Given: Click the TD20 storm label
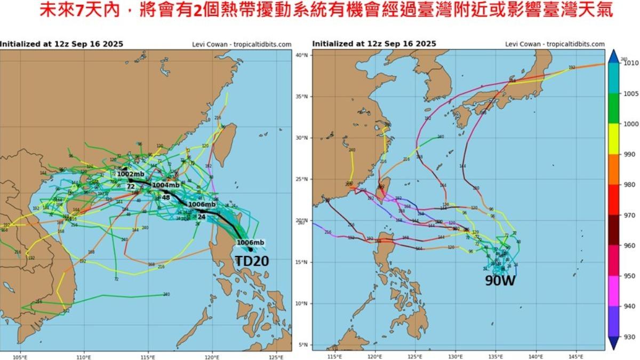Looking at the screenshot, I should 252,261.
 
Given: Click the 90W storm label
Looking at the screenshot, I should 499,281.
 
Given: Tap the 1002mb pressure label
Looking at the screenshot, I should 130,174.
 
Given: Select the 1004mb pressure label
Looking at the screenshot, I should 165,185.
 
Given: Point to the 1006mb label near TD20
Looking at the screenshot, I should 250,243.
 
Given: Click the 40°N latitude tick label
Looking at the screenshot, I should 302,55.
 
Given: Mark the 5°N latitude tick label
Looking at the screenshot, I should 302,345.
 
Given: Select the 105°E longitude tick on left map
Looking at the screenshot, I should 20,357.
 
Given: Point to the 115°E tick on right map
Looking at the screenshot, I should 334,357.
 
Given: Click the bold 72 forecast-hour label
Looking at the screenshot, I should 131,187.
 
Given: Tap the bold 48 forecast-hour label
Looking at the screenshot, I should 166,197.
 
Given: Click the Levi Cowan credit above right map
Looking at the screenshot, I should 555,44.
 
